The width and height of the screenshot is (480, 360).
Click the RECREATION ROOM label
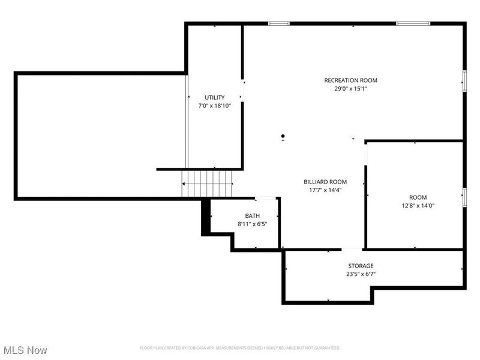click(x=350, y=80)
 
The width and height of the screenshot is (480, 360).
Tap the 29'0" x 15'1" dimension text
click(x=350, y=89)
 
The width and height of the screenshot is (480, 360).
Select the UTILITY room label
click(x=214, y=97)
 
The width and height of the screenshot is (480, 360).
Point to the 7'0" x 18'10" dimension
click(x=214, y=106)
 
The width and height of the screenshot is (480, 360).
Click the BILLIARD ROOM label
click(x=325, y=182)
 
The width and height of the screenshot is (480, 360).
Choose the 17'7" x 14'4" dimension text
click(x=325, y=190)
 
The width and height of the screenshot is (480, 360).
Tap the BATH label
click(x=252, y=216)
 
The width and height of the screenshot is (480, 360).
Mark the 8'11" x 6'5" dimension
click(x=252, y=224)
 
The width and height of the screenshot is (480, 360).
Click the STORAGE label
click(x=361, y=266)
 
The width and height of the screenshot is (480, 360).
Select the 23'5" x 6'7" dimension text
click(x=361, y=274)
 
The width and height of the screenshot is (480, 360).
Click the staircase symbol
click(x=208, y=183)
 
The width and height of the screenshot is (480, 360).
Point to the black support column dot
click(x=283, y=136)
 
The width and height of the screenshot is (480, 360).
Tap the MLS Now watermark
click(x=25, y=349)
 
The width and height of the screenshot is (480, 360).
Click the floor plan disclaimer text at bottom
click(x=240, y=348)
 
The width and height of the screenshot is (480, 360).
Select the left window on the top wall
click(x=279, y=23)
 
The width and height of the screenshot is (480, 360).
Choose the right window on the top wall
click(x=413, y=23)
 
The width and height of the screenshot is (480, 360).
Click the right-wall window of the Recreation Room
click(x=464, y=80)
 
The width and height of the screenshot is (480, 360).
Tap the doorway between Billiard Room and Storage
click(x=352, y=249)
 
